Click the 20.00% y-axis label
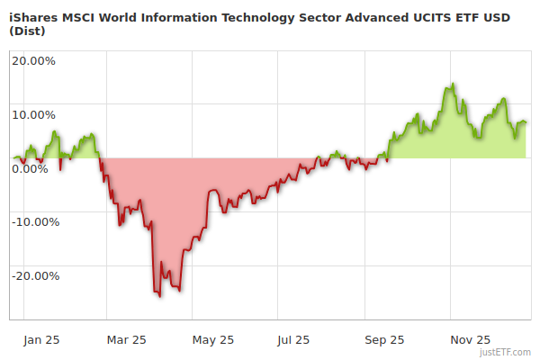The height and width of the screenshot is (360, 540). tap(33, 61)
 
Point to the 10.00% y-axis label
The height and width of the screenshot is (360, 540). tap(33, 114)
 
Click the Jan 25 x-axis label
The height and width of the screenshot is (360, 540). tap(40, 340)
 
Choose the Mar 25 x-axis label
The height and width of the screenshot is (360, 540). tap(126, 340)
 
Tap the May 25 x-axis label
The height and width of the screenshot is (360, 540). tap(213, 340)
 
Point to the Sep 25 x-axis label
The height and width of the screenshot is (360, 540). tap(385, 340)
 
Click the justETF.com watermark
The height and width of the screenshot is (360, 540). tap(509, 352)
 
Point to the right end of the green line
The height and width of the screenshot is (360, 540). tap(526, 122)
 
